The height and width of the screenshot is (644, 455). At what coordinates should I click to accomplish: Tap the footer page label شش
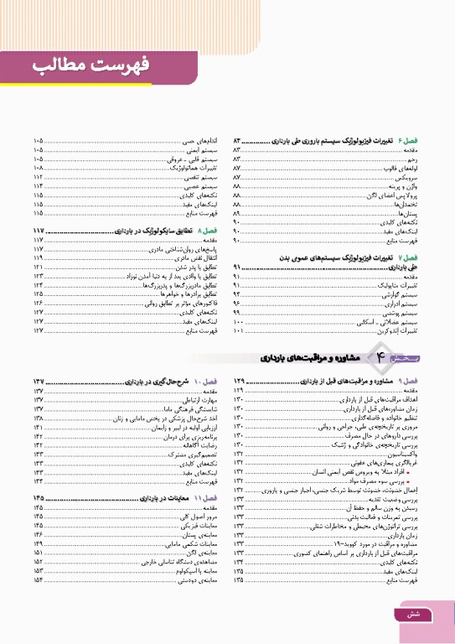(423, 615)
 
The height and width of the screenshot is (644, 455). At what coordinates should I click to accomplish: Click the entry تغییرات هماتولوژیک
(194, 168)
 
